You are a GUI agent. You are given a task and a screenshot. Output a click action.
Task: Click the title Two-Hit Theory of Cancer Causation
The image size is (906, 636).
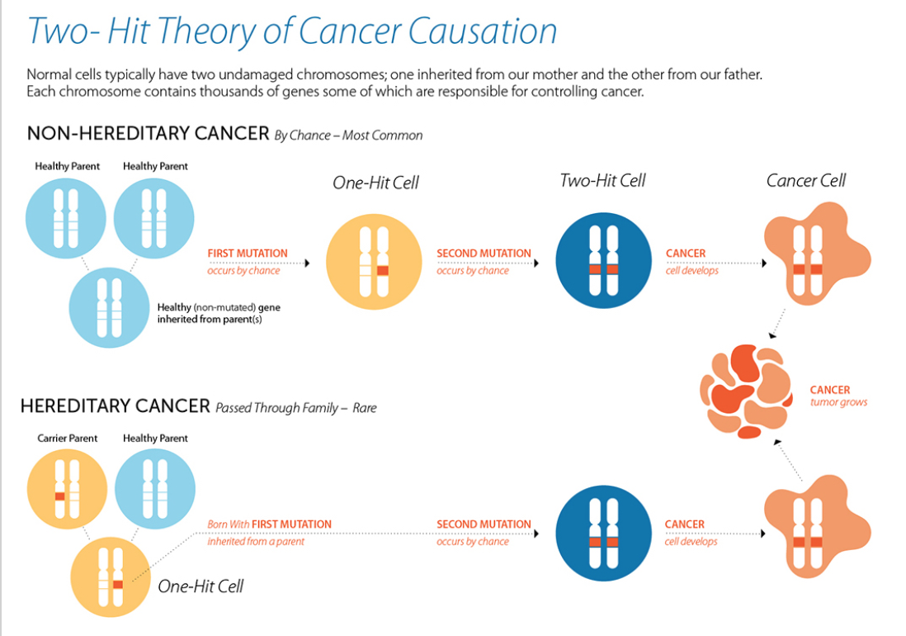point(292,31)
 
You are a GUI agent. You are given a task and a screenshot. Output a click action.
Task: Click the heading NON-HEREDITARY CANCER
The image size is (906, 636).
point(149,134)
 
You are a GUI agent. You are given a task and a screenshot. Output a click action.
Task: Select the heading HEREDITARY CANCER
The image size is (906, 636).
point(116,406)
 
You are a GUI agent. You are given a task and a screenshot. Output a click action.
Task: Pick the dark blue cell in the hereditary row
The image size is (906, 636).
point(602,534)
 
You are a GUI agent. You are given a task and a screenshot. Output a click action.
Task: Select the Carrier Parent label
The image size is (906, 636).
point(67,438)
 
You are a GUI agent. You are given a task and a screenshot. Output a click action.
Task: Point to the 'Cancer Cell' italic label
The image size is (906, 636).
point(805,181)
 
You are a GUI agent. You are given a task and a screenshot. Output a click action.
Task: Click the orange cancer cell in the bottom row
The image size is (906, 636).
point(813,529)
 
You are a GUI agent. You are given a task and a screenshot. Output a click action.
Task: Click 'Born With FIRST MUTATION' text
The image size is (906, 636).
point(269,524)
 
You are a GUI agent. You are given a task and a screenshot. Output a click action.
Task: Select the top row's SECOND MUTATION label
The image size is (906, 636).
point(484,254)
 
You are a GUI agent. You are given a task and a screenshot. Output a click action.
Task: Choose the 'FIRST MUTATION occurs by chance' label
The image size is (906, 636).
point(247,261)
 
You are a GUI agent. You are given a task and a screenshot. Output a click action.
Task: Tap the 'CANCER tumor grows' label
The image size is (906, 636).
point(838,396)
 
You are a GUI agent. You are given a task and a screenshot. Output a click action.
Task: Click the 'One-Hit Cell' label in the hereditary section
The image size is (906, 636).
point(201,586)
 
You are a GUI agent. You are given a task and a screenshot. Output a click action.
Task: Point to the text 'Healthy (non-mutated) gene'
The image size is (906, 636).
point(219,307)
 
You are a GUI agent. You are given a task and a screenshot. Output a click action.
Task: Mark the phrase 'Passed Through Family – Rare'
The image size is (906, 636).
point(295,408)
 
